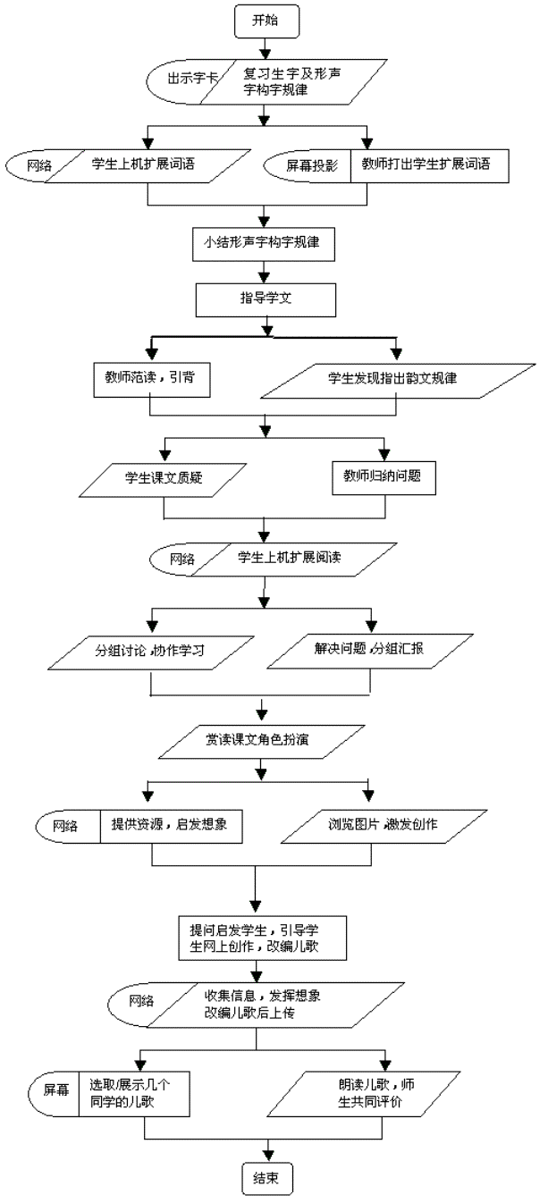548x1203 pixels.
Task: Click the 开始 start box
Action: tap(266, 21)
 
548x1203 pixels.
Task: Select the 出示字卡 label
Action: tap(192, 79)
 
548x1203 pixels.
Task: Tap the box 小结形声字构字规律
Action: tap(264, 244)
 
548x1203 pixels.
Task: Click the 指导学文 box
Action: tap(266, 300)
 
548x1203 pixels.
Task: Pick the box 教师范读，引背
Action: tap(151, 381)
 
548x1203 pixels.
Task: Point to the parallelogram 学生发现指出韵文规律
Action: tap(398, 382)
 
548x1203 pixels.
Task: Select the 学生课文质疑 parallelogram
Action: tap(164, 479)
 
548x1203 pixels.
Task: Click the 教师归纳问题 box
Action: tap(384, 478)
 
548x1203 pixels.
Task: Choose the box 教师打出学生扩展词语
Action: tap(429, 166)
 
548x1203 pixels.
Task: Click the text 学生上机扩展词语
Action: tap(143, 164)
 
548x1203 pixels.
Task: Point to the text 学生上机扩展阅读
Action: tap(289, 558)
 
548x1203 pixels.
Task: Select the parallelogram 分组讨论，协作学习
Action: tap(150, 652)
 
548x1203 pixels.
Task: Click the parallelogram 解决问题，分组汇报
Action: tap(370, 652)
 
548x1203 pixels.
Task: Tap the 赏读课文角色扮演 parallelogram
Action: tap(262, 742)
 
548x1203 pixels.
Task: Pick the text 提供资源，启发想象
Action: tap(169, 824)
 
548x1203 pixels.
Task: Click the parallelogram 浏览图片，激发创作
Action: tap(384, 827)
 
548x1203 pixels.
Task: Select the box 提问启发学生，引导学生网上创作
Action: tap(263, 938)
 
